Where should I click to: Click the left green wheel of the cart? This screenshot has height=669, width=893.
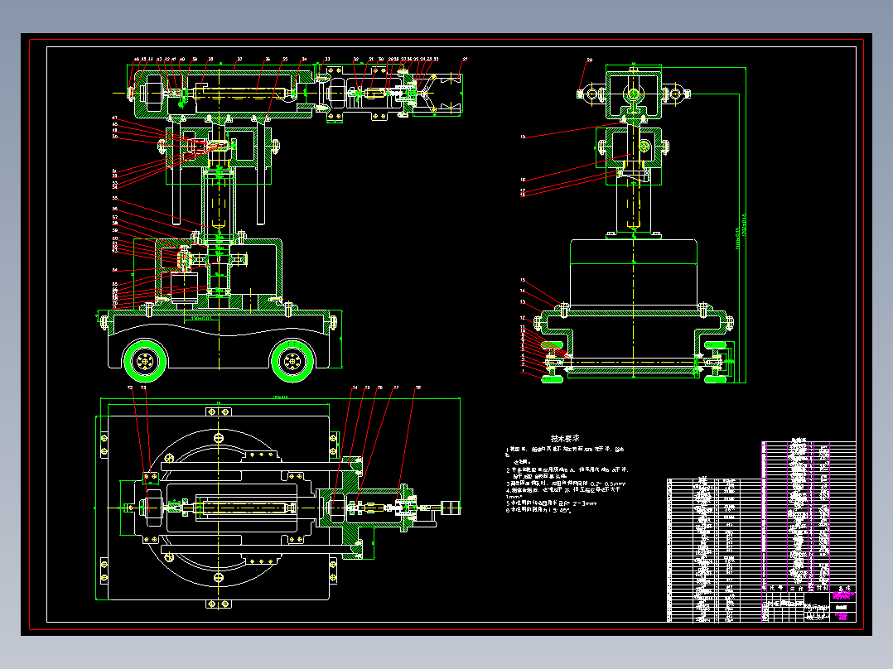coord(146,360)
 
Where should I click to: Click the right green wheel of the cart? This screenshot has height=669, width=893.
coord(292,360)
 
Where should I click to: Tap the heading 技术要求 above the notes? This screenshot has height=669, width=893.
coord(565,438)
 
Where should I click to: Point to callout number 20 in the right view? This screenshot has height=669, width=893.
coord(590,60)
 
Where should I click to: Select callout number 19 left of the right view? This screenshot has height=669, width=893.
coord(523,136)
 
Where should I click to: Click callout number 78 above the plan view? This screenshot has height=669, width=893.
coord(418,387)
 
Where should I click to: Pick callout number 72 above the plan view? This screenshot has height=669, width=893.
coord(129,387)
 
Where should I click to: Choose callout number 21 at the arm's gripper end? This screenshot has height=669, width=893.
coord(465,60)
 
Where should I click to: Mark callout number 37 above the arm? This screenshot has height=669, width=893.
coord(239,60)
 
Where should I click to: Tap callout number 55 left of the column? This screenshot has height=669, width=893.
coord(114,199)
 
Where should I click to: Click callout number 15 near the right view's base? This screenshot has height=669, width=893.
coord(523,280)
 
